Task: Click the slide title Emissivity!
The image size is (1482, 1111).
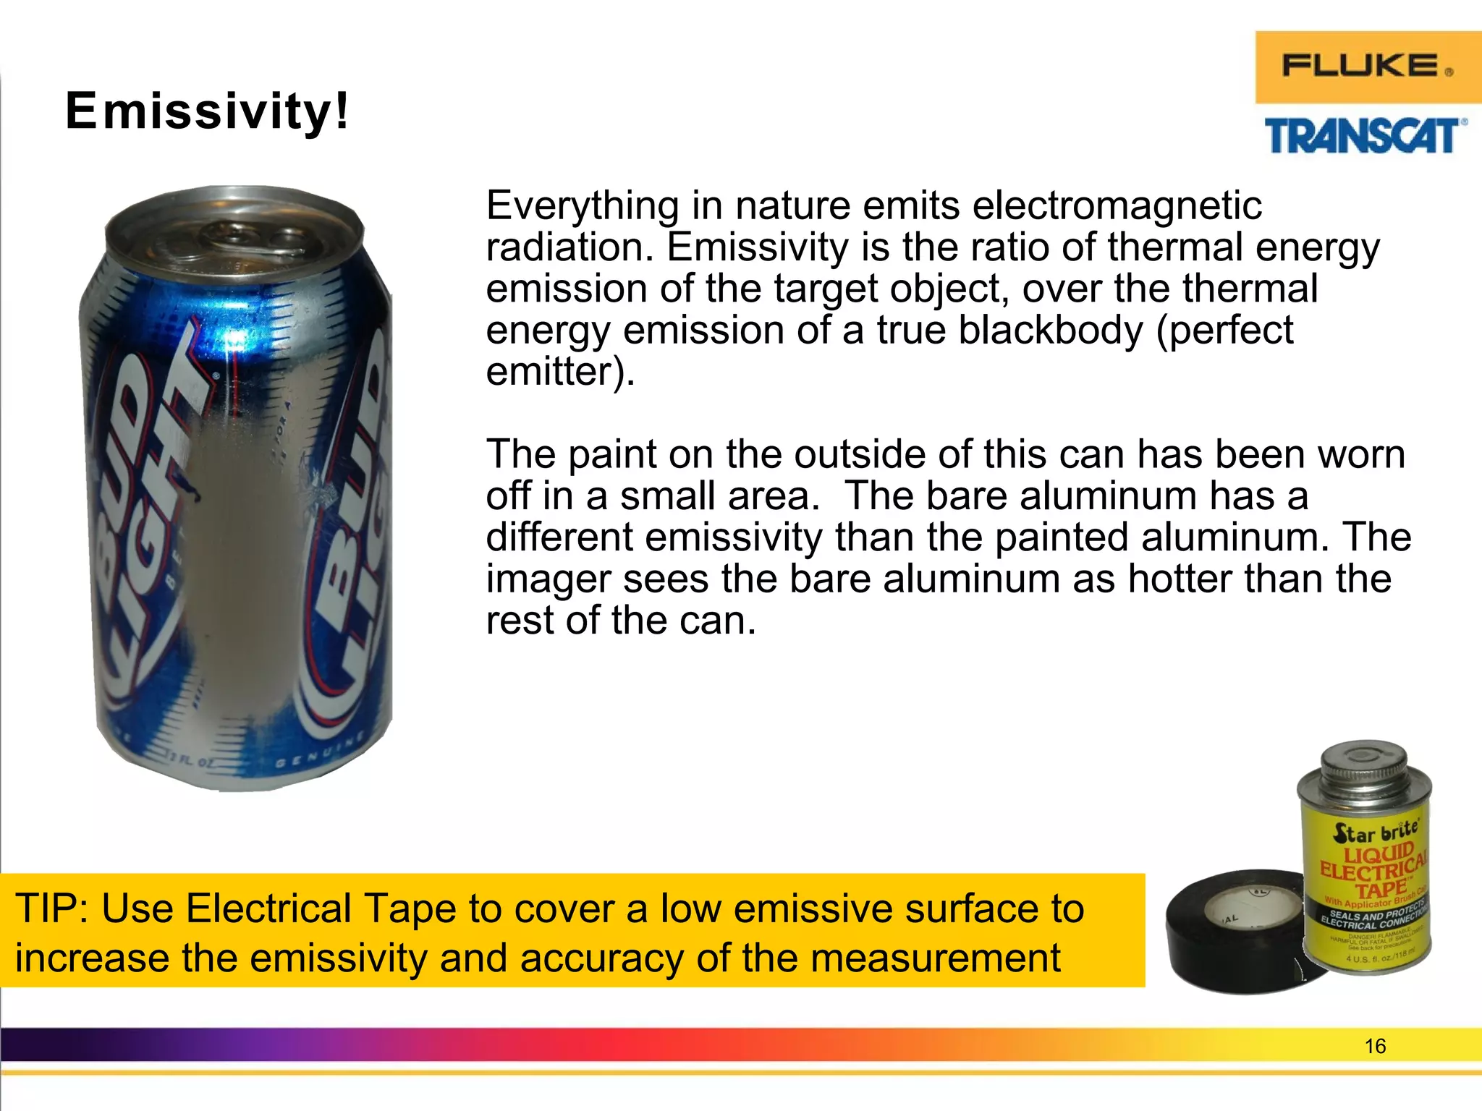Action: point(207,111)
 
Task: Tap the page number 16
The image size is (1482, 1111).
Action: point(1374,1047)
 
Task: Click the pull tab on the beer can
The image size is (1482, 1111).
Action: point(239,235)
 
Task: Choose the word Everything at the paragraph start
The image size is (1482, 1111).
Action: point(583,205)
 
